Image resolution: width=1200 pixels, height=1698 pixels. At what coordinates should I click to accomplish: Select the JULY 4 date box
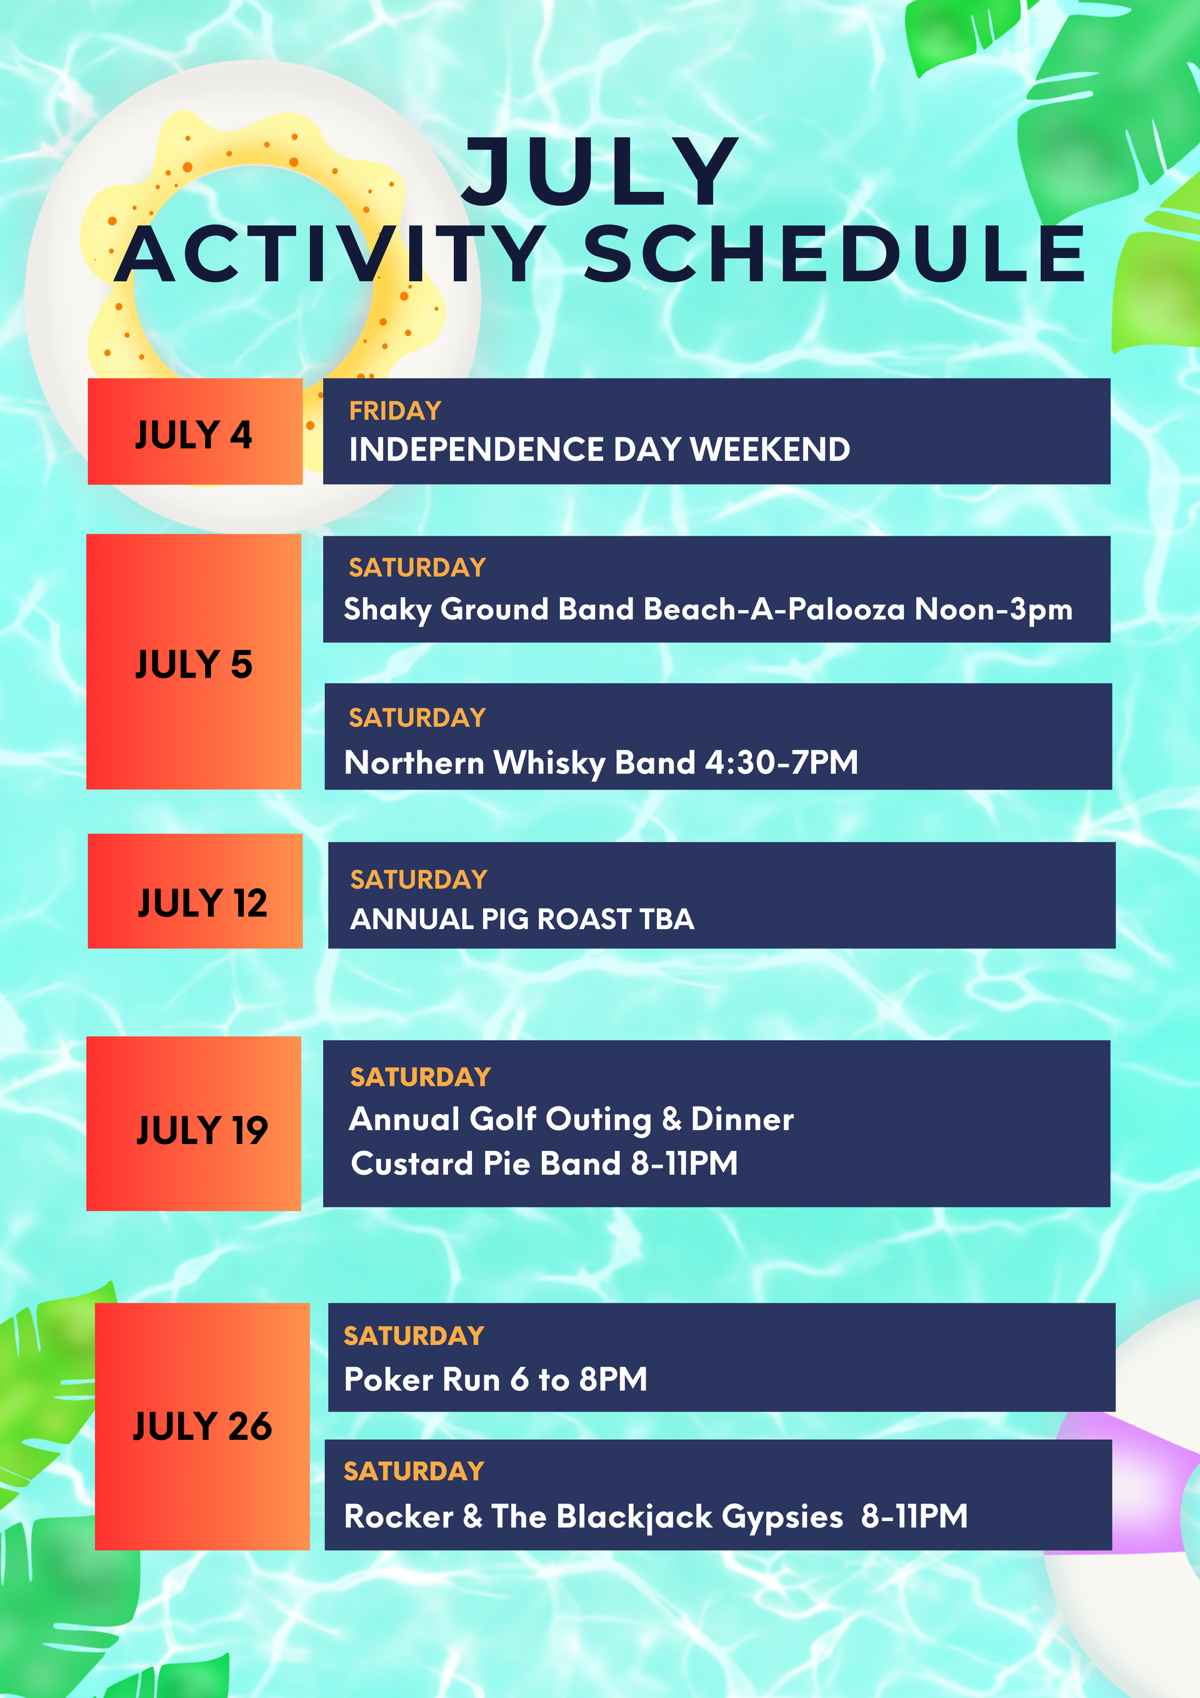pos(195,431)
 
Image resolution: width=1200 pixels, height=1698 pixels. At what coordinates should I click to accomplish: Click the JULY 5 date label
pos(194,663)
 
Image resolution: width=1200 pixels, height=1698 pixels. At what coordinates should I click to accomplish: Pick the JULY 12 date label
pos(202,902)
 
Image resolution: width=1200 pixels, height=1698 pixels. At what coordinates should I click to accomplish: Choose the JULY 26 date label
pos(202,1425)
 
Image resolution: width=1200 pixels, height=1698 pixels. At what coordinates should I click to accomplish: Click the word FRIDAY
pos(395,411)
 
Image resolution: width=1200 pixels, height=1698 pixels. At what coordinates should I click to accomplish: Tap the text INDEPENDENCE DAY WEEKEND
pos(599,449)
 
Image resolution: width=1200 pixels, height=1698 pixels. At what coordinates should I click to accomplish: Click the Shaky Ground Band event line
pos(708,610)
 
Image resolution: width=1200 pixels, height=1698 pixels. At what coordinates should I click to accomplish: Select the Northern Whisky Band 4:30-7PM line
pos(601,763)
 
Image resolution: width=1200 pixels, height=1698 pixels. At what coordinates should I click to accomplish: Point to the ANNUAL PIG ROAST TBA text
pos(522,918)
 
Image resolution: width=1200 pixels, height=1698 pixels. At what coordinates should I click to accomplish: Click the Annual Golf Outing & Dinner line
pos(571,1119)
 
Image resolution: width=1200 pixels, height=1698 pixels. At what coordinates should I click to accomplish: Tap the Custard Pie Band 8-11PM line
pos(544,1163)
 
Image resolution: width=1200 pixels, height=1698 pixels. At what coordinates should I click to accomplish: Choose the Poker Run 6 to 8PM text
pos(496,1379)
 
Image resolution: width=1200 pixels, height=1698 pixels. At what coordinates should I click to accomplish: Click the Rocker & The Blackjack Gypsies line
pos(656,1516)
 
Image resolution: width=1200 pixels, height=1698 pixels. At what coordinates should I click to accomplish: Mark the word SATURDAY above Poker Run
pos(414,1335)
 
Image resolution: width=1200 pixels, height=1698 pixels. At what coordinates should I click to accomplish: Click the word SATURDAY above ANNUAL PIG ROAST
pos(419,879)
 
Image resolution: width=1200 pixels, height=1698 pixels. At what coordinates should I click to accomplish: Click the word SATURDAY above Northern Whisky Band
pos(417,717)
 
